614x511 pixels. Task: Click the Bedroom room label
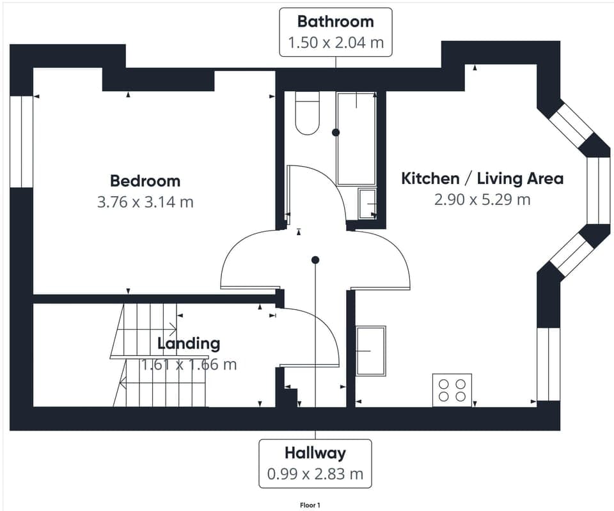tap(145, 181)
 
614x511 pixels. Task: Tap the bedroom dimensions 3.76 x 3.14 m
tap(145, 202)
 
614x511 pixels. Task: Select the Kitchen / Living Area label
tap(482, 178)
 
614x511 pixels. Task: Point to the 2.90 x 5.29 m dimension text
tap(482, 199)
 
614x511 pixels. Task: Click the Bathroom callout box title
tap(335, 22)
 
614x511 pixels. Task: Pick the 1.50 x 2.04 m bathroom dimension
tap(335, 43)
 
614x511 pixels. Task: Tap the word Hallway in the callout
tap(315, 453)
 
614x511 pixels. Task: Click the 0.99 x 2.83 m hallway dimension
tap(315, 474)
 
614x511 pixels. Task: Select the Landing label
tap(189, 344)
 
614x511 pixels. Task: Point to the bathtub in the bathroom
tap(356, 139)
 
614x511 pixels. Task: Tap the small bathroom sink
tap(367, 203)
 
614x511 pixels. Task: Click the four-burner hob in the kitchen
tap(452, 390)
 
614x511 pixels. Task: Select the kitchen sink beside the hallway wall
tap(371, 350)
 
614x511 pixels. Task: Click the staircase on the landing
tap(160, 355)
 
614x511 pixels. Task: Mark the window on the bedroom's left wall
tap(22, 142)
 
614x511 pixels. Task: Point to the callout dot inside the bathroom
tap(336, 132)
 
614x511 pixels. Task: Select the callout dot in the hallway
tap(315, 260)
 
